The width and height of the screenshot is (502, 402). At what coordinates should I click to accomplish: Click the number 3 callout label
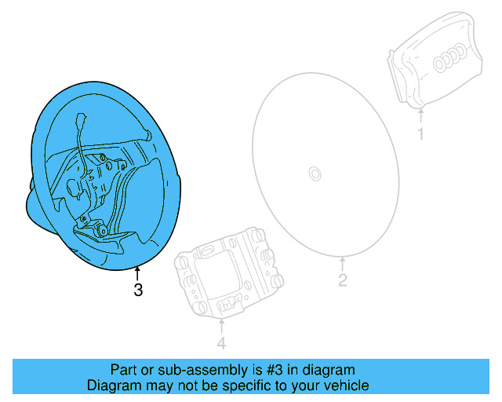pyautogui.click(x=138, y=291)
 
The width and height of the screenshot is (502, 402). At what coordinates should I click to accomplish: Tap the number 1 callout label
pyautogui.click(x=420, y=134)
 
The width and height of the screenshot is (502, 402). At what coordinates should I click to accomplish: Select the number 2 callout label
pyautogui.click(x=342, y=280)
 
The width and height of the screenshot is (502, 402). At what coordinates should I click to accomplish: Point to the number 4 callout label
pyautogui.click(x=221, y=343)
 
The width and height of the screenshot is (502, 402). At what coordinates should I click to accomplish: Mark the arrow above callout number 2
pyautogui.click(x=342, y=265)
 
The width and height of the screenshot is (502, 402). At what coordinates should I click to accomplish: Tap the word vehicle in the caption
pyautogui.click(x=345, y=386)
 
